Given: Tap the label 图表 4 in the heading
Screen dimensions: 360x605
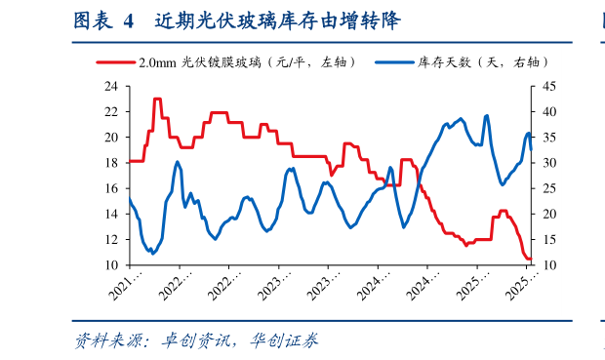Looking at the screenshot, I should pos(101,20).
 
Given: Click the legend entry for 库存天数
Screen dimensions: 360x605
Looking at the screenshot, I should pos(477,62).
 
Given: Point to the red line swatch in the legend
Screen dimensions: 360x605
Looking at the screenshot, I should pos(115,62).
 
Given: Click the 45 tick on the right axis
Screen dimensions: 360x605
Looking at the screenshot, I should pos(550,86).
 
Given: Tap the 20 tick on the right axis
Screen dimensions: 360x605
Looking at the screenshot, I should pos(550,214).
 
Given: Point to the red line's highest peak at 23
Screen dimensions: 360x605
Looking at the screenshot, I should pos(157,100).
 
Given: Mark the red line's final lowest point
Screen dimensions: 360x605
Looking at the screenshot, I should pos(529,260).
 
